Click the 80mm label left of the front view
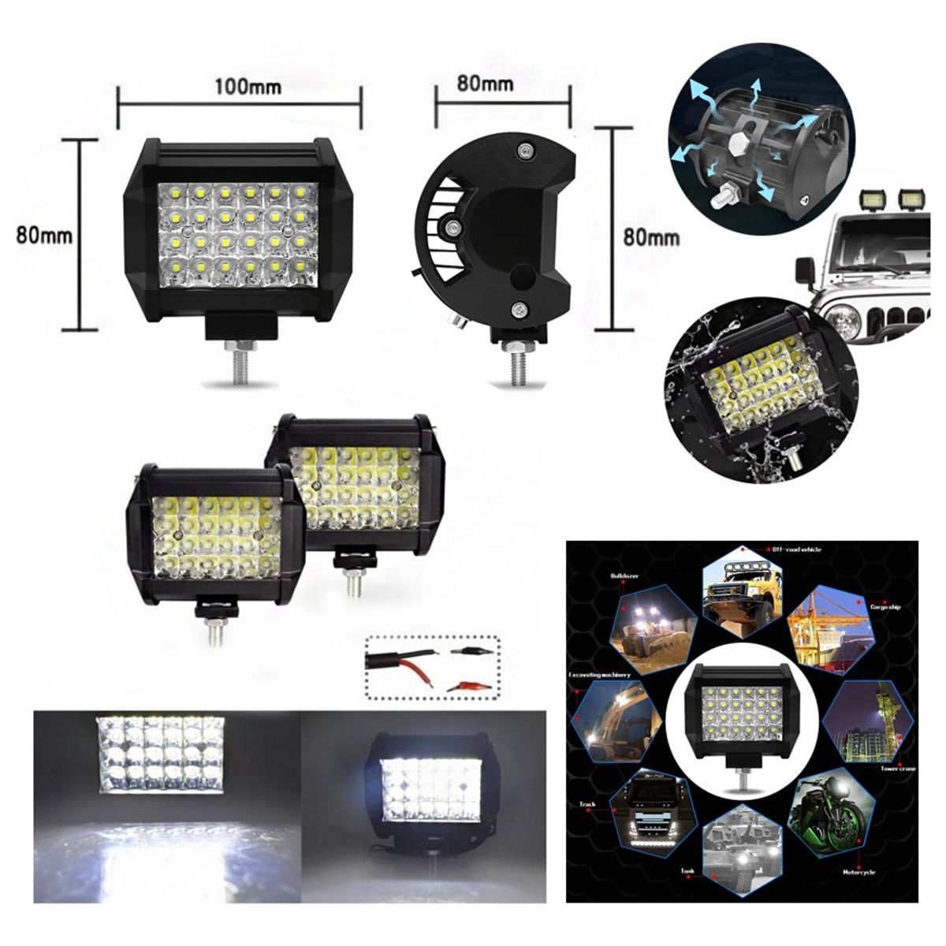tap(44, 235)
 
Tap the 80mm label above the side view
tap(485, 83)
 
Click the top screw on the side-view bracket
tap(522, 149)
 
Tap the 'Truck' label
tap(587, 805)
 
